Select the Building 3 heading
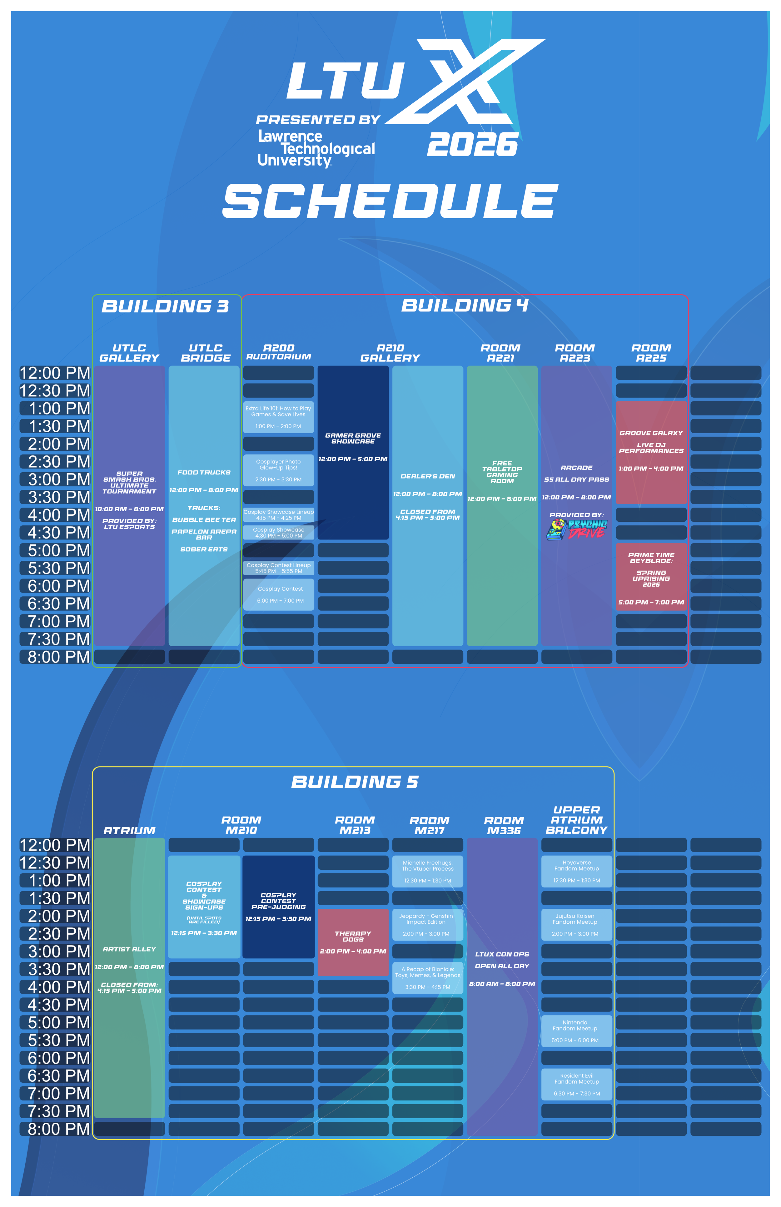(165, 306)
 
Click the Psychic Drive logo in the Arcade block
(577, 529)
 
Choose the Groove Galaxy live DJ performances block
(651, 452)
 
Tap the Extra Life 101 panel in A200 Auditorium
(278, 417)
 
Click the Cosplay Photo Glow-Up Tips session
(278, 470)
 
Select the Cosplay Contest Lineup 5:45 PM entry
(278, 568)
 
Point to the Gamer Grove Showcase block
(353, 452)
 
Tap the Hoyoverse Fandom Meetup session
(577, 871)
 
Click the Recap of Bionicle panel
(428, 978)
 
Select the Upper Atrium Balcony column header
(577, 820)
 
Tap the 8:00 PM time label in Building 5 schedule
(56, 1129)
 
